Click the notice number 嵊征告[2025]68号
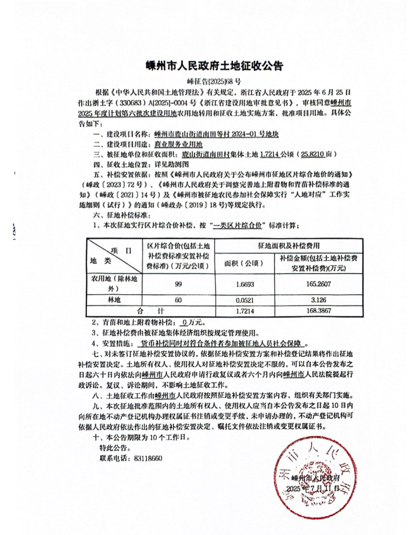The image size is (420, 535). point(214,82)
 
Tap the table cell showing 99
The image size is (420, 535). point(178,284)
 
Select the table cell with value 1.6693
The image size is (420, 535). point(245,284)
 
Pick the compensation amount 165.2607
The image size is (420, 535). point(318,284)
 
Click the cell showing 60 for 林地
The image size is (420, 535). point(178,300)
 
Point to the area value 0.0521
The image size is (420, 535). point(245,300)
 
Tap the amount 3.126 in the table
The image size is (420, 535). point(318,300)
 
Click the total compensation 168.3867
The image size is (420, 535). point(318,311)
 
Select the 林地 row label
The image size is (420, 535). point(114,300)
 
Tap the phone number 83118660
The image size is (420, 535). point(147,458)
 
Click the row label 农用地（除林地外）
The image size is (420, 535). point(114,284)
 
